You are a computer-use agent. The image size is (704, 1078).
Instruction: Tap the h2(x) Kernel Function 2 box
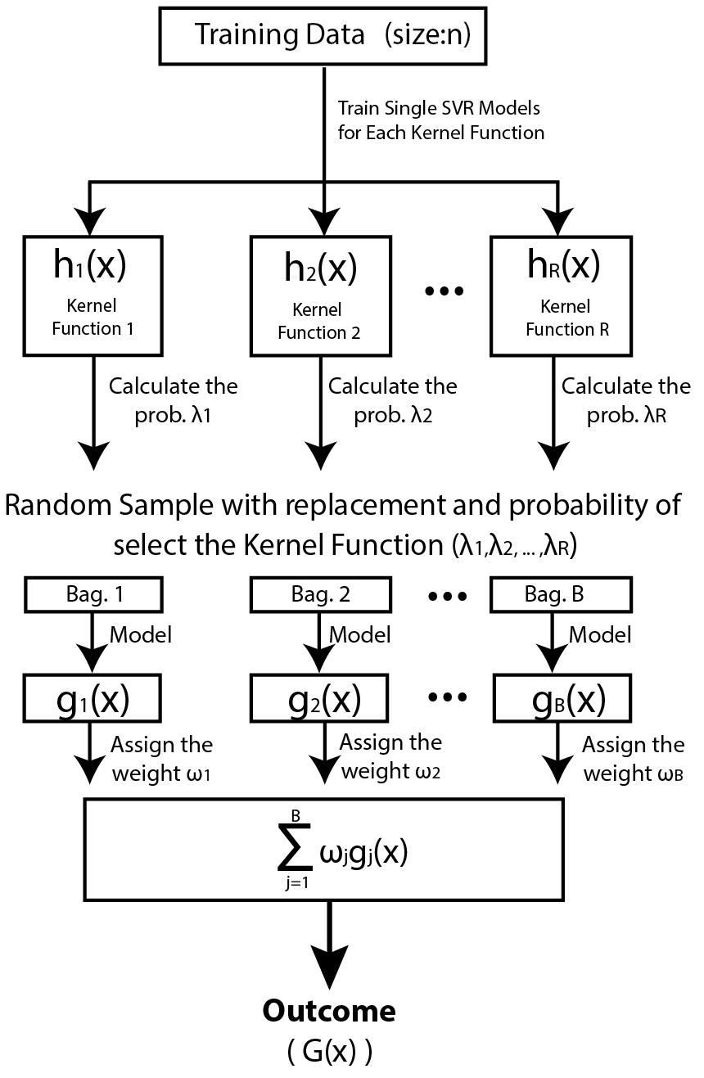[x=323, y=295]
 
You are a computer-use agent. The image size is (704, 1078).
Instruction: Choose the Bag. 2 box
[x=323, y=595]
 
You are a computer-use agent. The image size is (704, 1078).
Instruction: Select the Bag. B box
[x=555, y=595]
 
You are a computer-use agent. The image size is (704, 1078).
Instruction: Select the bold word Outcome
[x=328, y=1011]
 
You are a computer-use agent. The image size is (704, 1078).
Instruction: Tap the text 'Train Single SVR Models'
[x=440, y=109]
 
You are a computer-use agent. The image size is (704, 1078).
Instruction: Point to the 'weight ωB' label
[x=634, y=774]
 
